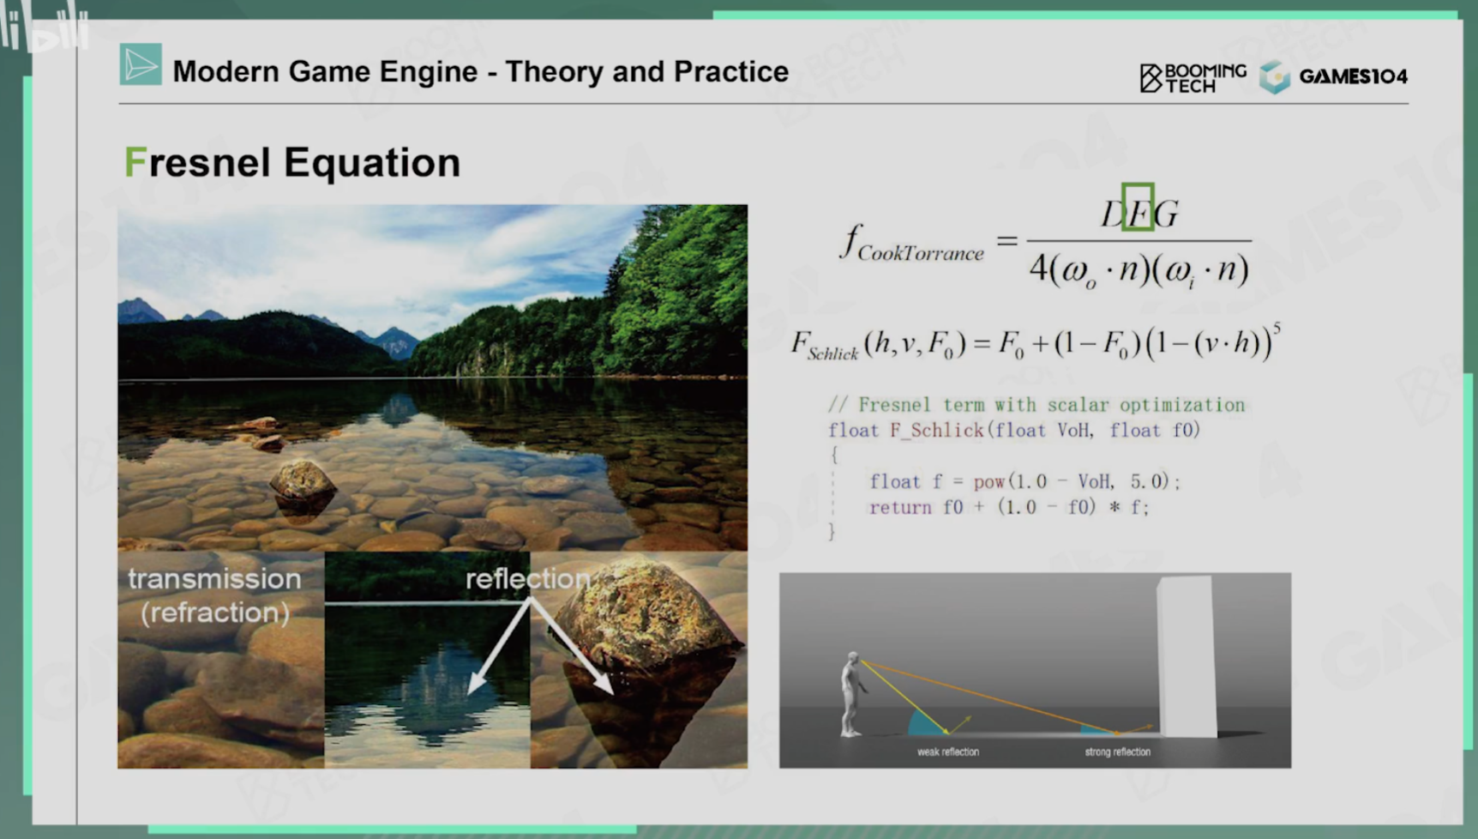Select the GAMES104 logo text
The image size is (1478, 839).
tap(1353, 76)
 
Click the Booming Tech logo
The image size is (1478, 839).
tap(1193, 77)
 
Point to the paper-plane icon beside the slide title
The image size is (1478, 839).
tap(141, 64)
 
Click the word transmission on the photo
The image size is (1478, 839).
tap(214, 578)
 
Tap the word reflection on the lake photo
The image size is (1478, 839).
tap(528, 578)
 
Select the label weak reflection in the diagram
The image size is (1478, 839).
tap(948, 751)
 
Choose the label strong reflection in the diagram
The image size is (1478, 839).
tap(1118, 751)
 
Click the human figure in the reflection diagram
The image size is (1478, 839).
tap(851, 694)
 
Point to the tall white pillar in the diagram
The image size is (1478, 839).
tap(1187, 656)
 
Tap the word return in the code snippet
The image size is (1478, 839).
tap(900, 507)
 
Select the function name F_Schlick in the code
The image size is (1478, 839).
tap(937, 430)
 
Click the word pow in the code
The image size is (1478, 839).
tap(989, 481)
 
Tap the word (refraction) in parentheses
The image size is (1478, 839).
tap(215, 613)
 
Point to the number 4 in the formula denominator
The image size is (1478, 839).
tap(1038, 269)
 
